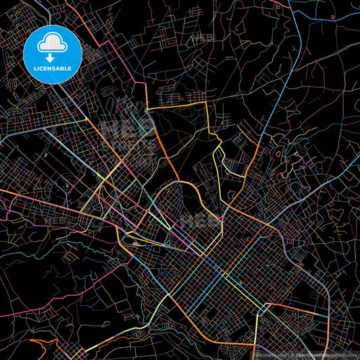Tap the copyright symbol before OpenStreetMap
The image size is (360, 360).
(290, 355)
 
